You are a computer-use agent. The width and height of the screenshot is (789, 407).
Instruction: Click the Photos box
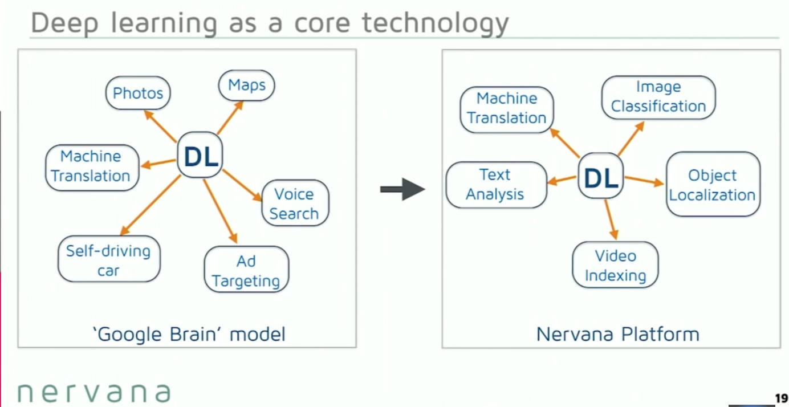[138, 93]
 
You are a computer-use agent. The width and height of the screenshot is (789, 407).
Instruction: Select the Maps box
[246, 86]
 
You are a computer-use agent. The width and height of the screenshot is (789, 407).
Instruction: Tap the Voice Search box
[294, 203]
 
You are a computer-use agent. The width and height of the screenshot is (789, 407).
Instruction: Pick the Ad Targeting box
[246, 271]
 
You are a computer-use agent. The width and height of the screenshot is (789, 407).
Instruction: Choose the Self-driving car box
[108, 260]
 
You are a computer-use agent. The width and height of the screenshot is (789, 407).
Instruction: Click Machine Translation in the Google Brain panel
[91, 166]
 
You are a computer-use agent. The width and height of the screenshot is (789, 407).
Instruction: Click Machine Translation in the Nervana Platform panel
[507, 108]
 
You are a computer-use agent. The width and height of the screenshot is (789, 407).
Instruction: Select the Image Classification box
[658, 97]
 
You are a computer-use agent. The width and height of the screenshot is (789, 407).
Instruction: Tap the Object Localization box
[713, 185]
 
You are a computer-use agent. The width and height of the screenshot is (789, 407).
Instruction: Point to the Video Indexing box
[615, 266]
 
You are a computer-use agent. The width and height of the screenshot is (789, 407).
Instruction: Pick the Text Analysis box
[495, 184]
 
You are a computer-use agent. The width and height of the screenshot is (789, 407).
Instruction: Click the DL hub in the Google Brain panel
[200, 156]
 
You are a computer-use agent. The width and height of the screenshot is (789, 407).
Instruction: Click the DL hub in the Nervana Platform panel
[601, 177]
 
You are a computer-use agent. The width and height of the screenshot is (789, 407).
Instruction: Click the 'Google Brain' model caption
[189, 333]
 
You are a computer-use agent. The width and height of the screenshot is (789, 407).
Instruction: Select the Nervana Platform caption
[617, 333]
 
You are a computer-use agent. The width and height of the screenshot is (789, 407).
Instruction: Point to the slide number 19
[781, 398]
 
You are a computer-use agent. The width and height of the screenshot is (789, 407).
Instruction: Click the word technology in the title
[436, 23]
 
